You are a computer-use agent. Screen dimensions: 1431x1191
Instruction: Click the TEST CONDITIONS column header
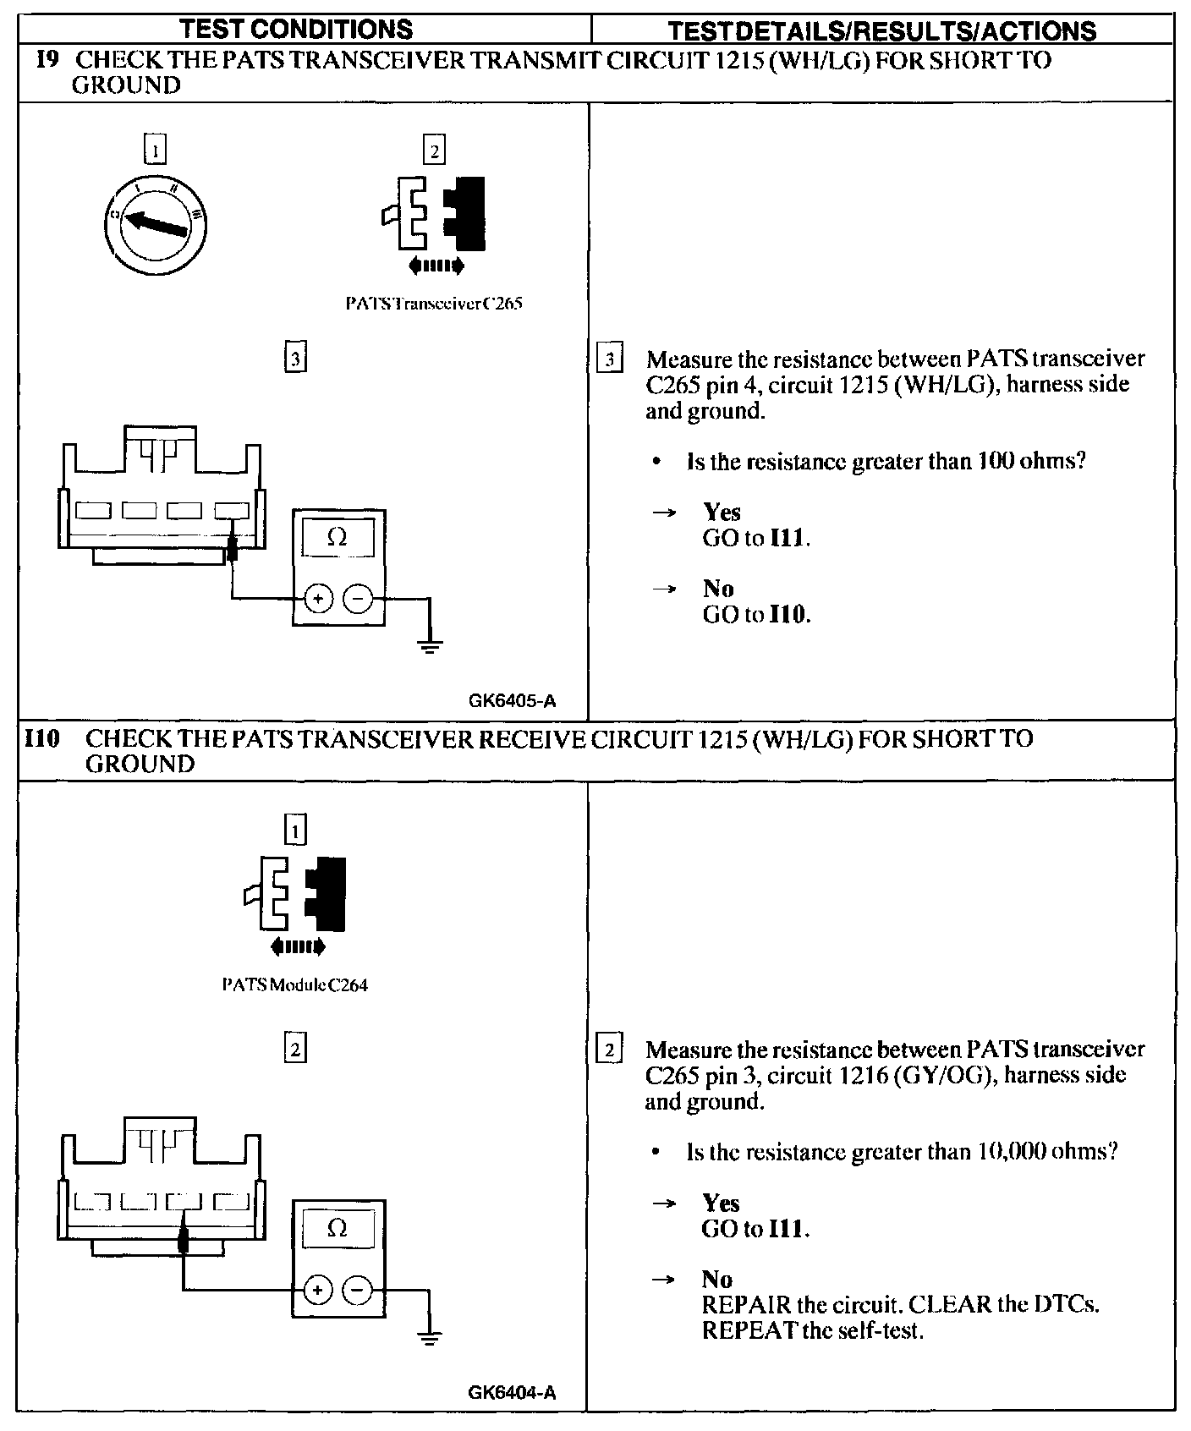click(x=297, y=30)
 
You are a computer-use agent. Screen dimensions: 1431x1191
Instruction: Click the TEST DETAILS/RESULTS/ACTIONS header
click(x=881, y=31)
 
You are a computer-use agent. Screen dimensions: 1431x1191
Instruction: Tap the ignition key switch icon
click(x=156, y=222)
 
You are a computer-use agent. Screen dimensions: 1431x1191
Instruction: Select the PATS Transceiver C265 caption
click(x=434, y=303)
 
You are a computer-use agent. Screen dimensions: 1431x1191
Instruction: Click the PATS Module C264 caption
click(x=294, y=985)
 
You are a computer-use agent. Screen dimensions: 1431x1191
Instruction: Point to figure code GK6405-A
click(x=511, y=701)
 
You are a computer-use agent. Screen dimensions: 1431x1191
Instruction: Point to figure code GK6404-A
click(x=511, y=1393)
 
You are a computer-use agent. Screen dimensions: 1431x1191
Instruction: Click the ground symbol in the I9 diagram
click(x=430, y=647)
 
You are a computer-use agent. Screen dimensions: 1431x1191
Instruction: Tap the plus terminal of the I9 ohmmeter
click(x=318, y=600)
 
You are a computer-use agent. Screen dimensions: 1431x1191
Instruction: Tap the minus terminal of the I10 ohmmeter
click(x=358, y=1290)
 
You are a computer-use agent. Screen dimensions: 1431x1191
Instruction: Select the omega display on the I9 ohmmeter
click(x=337, y=538)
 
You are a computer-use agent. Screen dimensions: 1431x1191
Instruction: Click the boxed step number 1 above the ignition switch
click(x=156, y=151)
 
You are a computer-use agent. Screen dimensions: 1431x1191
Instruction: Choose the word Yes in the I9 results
click(x=722, y=513)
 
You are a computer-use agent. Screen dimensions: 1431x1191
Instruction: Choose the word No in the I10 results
click(x=716, y=1279)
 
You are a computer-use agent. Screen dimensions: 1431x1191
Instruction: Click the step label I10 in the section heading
click(x=41, y=739)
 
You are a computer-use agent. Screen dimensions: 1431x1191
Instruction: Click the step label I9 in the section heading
click(x=47, y=61)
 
